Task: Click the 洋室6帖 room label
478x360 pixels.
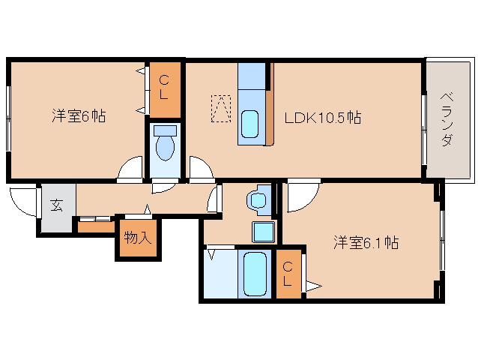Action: tap(78, 116)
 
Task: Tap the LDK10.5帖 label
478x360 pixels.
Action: tap(322, 118)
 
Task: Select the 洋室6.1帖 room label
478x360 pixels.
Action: tap(366, 242)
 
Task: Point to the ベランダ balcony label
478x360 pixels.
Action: tap(447, 120)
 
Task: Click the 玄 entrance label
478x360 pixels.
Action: tap(56, 205)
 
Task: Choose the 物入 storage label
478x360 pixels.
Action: tap(138, 238)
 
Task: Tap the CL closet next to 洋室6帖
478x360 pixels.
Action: tap(163, 89)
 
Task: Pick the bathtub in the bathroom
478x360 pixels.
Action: tap(256, 274)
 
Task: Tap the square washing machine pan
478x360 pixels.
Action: tap(263, 231)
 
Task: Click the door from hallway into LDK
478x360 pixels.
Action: tap(200, 169)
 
